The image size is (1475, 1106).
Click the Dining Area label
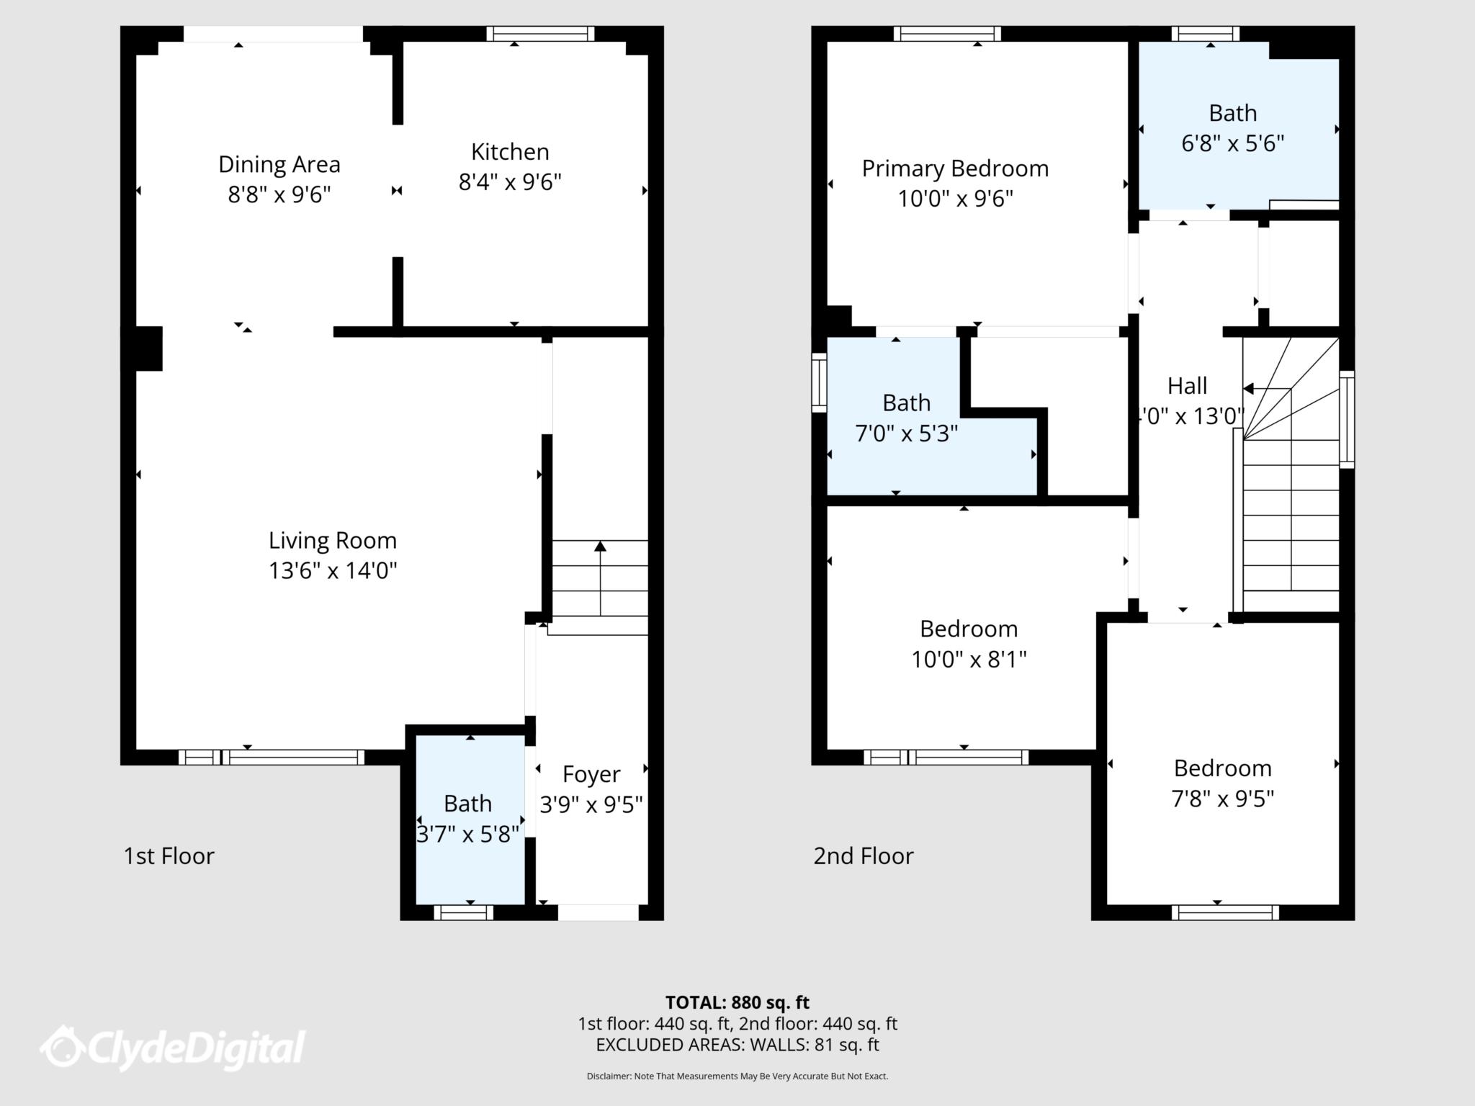point(279,164)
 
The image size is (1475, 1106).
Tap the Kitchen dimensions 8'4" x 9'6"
point(510,182)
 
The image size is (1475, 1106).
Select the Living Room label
point(332,540)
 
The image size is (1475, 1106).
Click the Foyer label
point(591,774)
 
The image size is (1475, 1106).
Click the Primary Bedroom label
point(955,168)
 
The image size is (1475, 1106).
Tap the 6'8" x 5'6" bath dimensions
point(1232,143)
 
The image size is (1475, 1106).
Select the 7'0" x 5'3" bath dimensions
point(906,433)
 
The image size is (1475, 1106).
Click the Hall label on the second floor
point(1187,386)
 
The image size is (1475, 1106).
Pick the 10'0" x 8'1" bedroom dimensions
point(969,659)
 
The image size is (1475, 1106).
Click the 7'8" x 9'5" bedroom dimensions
point(1222,799)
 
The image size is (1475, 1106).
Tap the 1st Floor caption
point(169,855)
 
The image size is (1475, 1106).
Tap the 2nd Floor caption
point(864,855)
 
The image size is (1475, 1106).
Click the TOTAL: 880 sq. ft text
point(737,1002)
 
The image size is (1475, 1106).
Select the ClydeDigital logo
point(173,1047)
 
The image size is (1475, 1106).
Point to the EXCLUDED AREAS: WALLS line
point(737,1044)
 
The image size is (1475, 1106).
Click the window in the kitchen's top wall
point(540,34)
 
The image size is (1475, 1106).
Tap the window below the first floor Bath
point(464,912)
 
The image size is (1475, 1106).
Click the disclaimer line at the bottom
point(737,1076)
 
